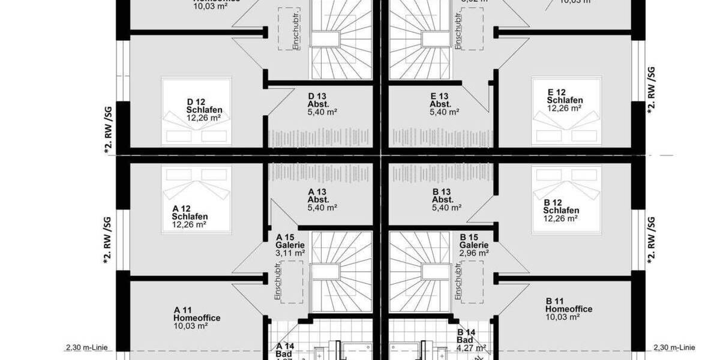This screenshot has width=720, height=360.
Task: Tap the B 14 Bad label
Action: click(x=467, y=336)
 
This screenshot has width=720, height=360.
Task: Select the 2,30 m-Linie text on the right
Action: click(x=674, y=347)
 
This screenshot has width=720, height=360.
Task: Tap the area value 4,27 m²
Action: click(x=471, y=347)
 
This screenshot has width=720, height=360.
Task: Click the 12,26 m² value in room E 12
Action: click(x=564, y=109)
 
